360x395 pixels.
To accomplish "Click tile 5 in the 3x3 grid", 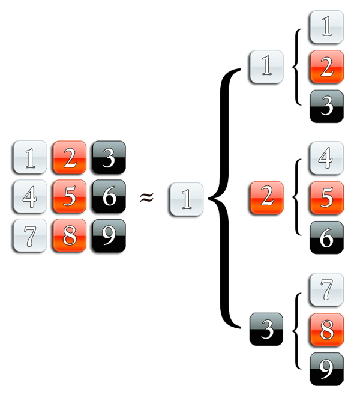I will [x=70, y=197].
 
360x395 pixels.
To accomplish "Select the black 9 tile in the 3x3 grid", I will [x=109, y=235].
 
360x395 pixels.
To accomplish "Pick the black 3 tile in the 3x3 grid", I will [x=109, y=159].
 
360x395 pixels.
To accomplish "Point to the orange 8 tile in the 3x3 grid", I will [x=70, y=235].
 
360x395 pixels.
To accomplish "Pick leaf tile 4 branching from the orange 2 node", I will [x=326, y=159].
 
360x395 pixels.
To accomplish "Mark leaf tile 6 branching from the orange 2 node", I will [x=326, y=237].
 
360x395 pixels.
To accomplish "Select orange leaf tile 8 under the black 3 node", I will [x=326, y=330].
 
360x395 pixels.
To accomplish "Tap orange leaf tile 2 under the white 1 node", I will [x=326, y=67].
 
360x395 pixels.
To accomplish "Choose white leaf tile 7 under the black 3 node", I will [x=326, y=291].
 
